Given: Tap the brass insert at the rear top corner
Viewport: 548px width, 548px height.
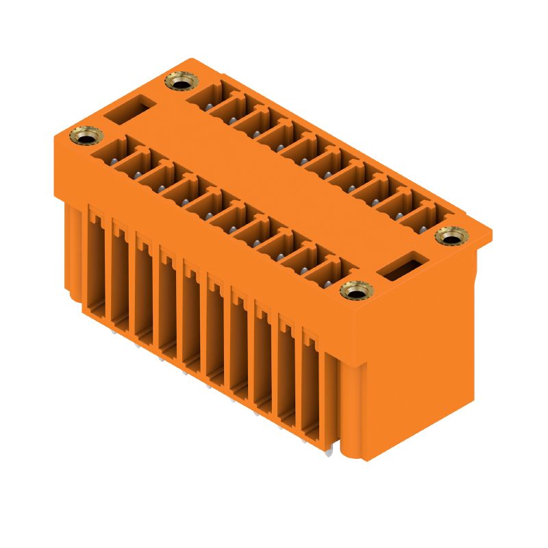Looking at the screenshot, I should point(179,83).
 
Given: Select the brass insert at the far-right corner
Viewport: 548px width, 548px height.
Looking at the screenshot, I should point(449,237).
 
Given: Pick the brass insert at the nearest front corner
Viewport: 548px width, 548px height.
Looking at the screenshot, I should point(354,292).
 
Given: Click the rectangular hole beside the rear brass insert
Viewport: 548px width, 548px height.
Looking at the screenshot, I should point(129,110).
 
